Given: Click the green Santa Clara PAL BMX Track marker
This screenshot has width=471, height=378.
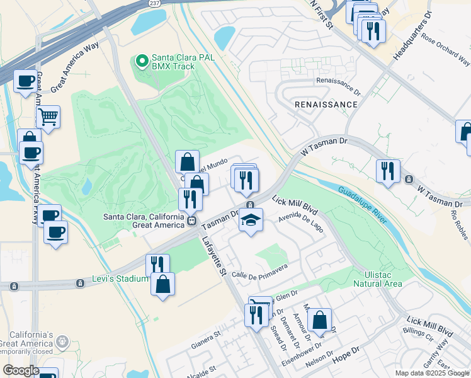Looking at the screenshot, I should (x=142, y=61).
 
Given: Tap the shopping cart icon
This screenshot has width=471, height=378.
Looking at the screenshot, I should (x=48, y=117).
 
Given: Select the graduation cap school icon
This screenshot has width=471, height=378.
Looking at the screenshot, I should (x=251, y=220).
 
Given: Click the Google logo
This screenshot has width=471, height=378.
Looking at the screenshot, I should (x=21, y=370).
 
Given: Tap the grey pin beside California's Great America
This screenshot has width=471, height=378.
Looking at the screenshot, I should (x=62, y=341).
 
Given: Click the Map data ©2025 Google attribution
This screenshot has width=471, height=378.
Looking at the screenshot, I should (x=432, y=373).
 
